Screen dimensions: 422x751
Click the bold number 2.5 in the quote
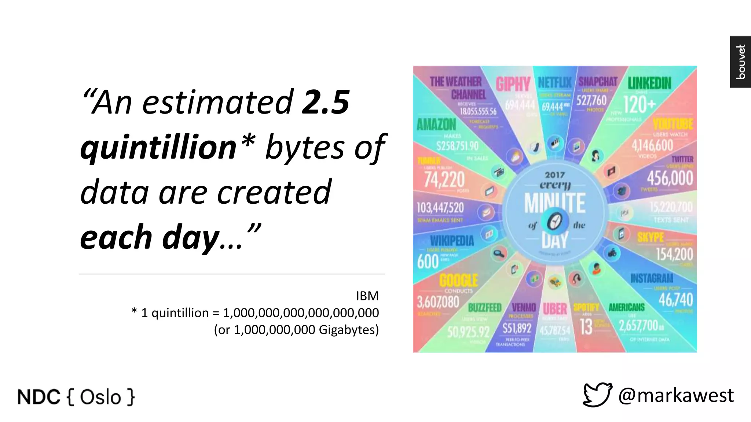[325, 103]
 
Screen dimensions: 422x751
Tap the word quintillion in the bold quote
[158, 147]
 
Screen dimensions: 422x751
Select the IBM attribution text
[367, 296]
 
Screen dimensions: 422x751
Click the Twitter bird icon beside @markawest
[597, 395]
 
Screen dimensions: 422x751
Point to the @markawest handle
[676, 395]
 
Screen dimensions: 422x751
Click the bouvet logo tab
[740, 62]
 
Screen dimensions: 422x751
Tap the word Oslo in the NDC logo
[100, 397]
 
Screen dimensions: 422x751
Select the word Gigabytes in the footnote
[348, 330]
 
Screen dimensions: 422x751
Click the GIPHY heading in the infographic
[513, 84]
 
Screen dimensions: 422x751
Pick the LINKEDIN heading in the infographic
[649, 83]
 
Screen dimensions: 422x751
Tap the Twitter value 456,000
[670, 178]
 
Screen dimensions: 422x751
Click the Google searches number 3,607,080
[438, 302]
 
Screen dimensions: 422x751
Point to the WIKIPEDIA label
[452, 241]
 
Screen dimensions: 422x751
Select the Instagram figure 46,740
[675, 300]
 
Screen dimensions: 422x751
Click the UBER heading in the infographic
[555, 309]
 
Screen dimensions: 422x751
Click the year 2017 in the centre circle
[555, 175]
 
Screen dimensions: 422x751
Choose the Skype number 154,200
[674, 254]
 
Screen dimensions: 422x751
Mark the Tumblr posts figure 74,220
[444, 179]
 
